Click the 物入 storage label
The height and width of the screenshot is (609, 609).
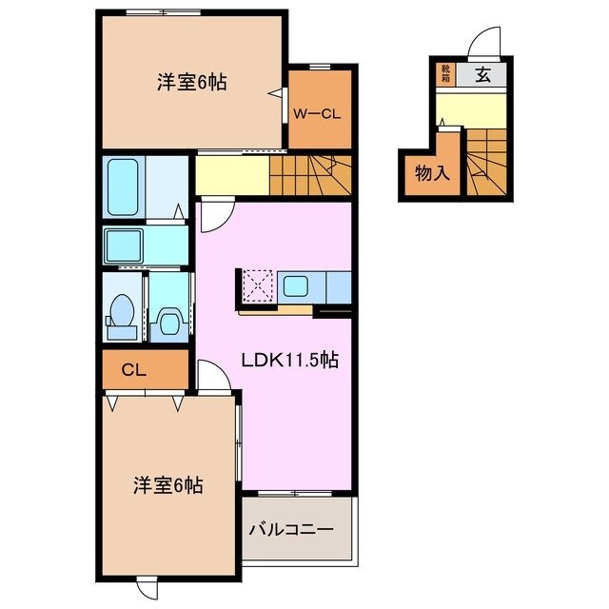tap(431, 173)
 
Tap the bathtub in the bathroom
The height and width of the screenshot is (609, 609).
tap(123, 187)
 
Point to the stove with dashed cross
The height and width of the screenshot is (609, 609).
tap(256, 285)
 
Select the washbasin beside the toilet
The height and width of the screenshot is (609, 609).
tap(169, 321)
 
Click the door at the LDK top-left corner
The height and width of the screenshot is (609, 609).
tap(213, 215)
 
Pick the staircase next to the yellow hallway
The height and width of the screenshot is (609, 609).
tap(309, 174)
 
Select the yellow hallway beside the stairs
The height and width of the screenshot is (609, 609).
tap(231, 174)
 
